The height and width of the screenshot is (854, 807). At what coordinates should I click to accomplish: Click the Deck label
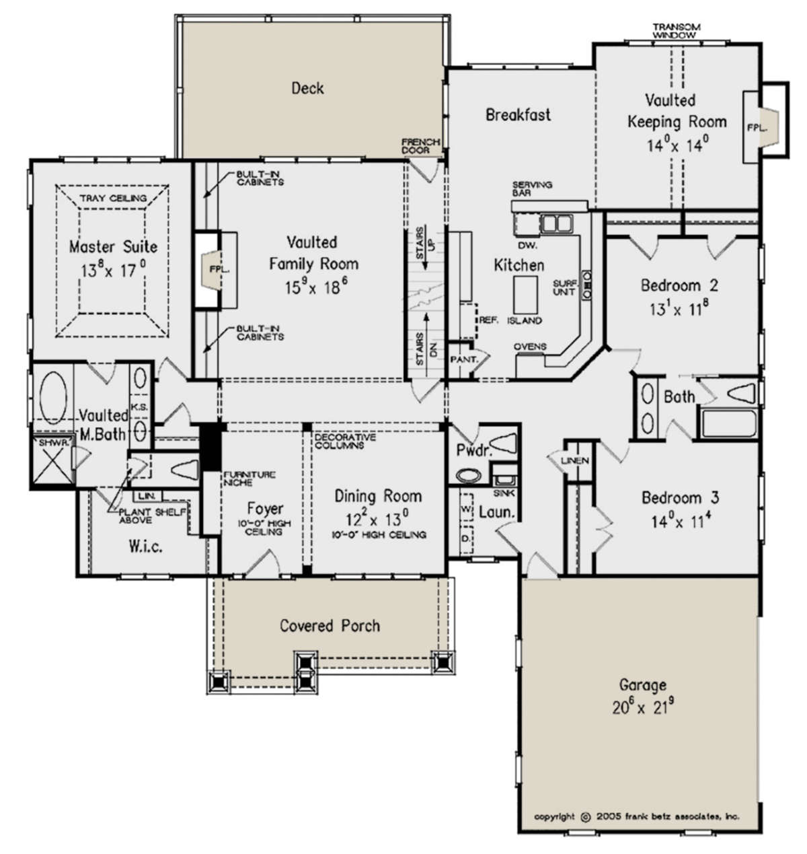point(307,89)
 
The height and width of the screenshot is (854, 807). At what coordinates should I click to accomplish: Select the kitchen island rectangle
point(525,294)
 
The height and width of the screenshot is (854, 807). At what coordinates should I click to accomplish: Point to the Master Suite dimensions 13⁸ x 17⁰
point(114,270)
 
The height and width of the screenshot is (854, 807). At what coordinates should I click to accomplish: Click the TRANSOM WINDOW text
point(677,31)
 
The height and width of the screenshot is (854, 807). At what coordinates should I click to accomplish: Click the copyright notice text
point(636,816)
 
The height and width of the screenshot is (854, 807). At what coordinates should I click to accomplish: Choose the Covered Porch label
point(330,625)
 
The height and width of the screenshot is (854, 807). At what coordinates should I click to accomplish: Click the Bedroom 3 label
point(681,497)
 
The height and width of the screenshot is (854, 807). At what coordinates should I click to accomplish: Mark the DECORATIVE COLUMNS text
point(345,441)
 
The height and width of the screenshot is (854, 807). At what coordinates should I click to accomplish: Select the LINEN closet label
point(575,460)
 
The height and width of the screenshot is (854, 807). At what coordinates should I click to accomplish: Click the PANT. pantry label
point(463,359)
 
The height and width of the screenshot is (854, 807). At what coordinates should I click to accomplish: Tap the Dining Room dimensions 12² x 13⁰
point(377,518)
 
